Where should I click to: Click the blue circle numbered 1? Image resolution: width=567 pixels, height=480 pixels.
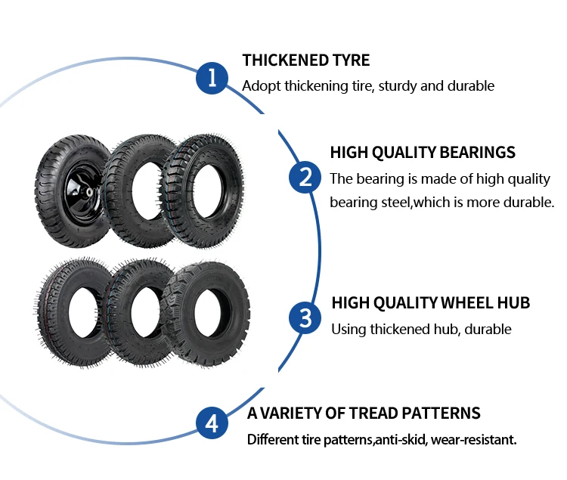pyautogui.click(x=212, y=78)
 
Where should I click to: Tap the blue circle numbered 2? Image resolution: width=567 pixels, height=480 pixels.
pyautogui.click(x=305, y=178)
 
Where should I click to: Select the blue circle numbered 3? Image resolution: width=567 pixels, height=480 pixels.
pyautogui.click(x=305, y=317)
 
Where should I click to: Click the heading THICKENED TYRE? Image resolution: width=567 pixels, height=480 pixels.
pyautogui.click(x=306, y=60)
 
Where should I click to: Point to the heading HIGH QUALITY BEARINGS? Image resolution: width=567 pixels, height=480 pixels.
pyautogui.click(x=423, y=152)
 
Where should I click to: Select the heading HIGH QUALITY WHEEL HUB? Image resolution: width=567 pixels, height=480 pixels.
pyautogui.click(x=431, y=303)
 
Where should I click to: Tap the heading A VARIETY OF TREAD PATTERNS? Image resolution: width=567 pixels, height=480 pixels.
pyautogui.click(x=364, y=413)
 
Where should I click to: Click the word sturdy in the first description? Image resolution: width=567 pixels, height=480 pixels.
pyautogui.click(x=395, y=85)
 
